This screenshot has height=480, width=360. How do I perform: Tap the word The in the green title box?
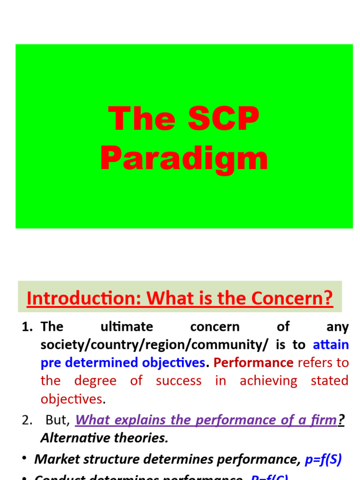point(142,119)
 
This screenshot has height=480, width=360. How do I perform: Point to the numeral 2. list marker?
point(27,420)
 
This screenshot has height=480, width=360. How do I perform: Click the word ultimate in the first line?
point(127,327)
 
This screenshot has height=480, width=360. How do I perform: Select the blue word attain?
point(330,345)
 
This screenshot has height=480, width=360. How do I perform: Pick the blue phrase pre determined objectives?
point(123,363)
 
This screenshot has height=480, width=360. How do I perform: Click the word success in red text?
point(179,381)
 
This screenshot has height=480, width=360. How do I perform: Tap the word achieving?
point(268,381)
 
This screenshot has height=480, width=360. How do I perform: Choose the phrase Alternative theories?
point(104,438)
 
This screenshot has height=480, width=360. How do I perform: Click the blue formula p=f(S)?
point(323,459)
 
